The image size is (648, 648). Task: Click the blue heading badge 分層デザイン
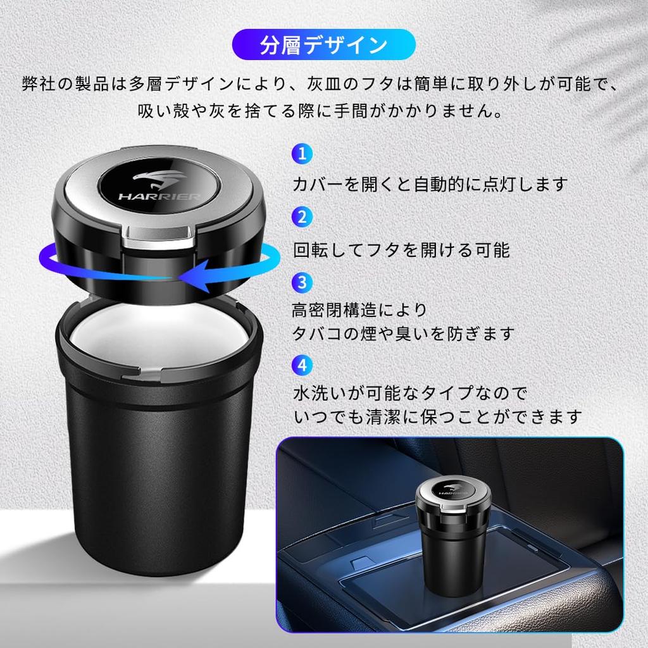click(324, 46)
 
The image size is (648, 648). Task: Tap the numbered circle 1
click(302, 154)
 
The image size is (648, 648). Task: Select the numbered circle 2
click(302, 217)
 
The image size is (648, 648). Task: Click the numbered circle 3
click(302, 280)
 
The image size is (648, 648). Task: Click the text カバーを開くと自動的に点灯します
click(430, 184)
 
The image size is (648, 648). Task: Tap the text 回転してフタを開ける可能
click(401, 249)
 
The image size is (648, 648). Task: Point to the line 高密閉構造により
click(359, 310)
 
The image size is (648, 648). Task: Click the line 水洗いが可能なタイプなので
click(410, 394)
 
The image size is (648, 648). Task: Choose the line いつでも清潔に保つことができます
click(437, 416)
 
